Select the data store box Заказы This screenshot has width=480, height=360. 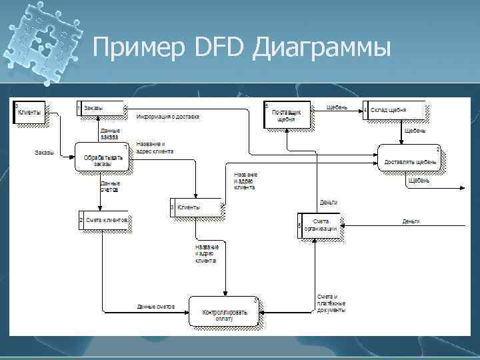click(x=100, y=108)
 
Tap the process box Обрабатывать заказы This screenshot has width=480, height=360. click(x=102, y=158)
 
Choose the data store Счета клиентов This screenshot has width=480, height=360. click(x=103, y=220)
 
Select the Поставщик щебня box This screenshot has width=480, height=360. click(x=287, y=115)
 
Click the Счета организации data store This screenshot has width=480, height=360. click(x=319, y=223)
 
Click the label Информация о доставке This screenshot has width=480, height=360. click(x=167, y=117)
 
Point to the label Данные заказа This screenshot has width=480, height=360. click(x=110, y=133)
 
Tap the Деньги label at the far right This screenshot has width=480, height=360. click(x=410, y=221)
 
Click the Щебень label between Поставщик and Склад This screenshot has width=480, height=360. click(x=337, y=107)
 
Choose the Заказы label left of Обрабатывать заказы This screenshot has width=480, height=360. click(x=45, y=153)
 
